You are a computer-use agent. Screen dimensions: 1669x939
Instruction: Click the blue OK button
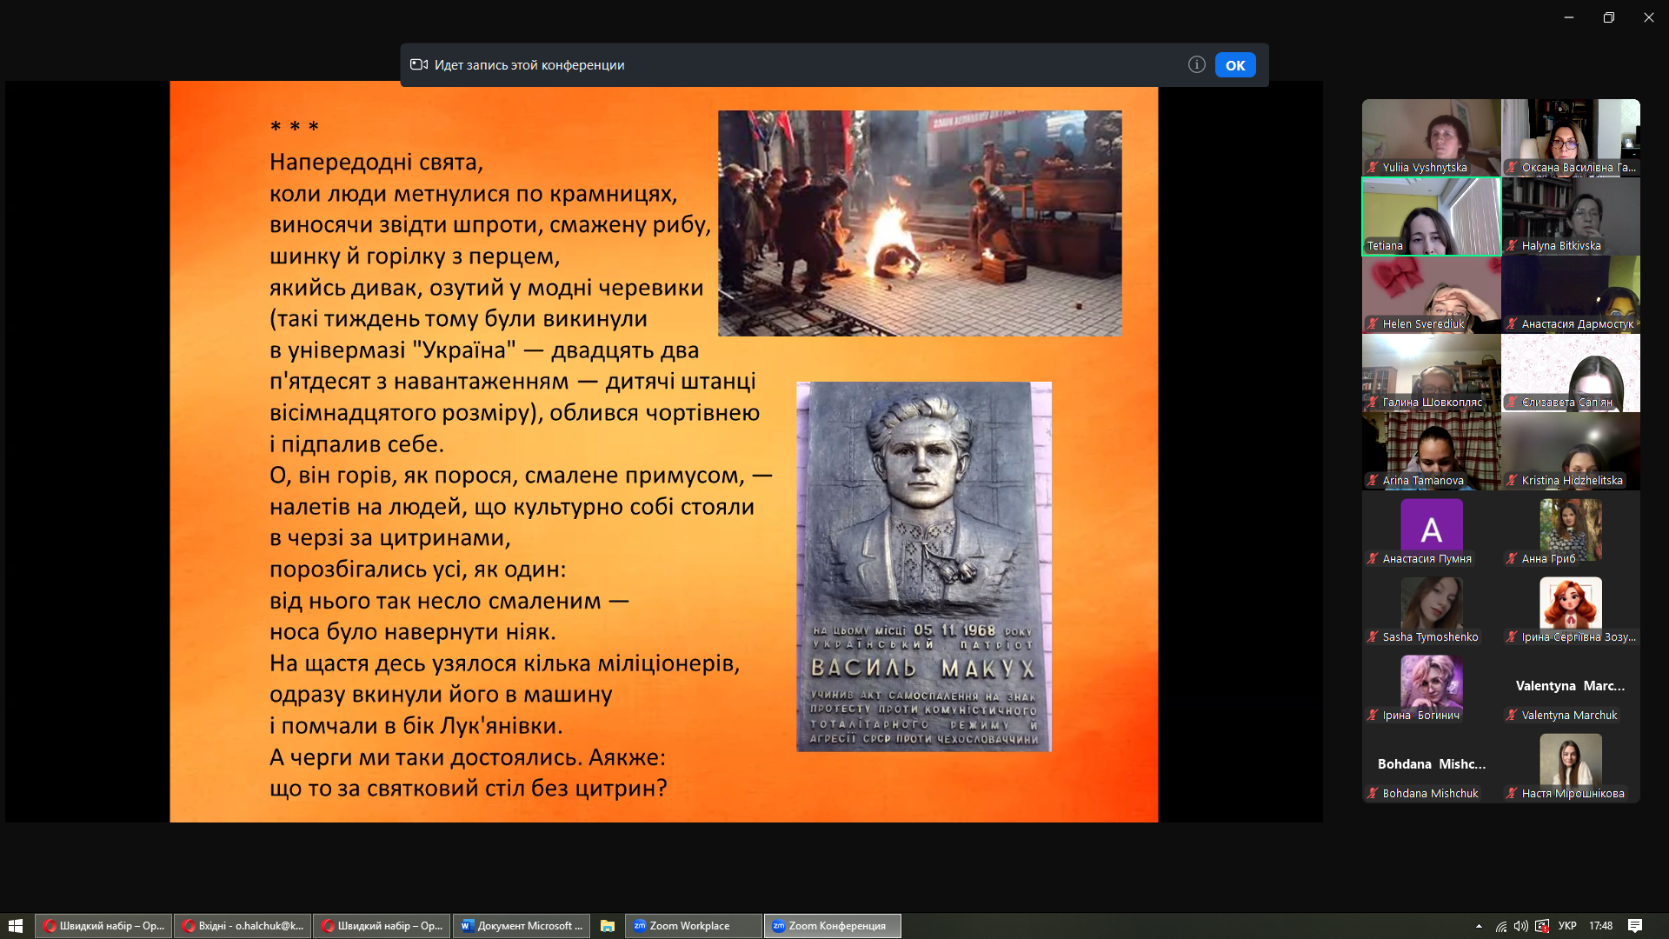[1235, 65]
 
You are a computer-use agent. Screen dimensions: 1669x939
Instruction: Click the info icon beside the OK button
[1197, 64]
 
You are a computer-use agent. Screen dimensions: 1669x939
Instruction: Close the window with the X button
[1648, 17]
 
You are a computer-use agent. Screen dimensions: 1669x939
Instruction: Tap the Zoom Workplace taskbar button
[693, 926]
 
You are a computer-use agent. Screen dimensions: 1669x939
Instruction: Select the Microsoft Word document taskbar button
[522, 926]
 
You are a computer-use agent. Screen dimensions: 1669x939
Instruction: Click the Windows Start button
[16, 926]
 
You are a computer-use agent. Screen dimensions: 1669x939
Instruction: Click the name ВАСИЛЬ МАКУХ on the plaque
[923, 668]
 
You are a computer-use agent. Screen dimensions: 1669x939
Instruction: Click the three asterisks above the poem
[294, 127]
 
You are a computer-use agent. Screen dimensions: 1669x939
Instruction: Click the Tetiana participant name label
[1385, 246]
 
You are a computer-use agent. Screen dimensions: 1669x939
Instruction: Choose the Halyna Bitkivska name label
[1561, 246]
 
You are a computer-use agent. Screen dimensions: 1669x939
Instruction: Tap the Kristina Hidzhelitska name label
[1572, 481]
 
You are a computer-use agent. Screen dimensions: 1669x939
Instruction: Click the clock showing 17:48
[1600, 926]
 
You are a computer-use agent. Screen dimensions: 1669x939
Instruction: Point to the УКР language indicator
[1567, 926]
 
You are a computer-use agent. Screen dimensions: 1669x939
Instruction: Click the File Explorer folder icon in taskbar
[608, 926]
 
